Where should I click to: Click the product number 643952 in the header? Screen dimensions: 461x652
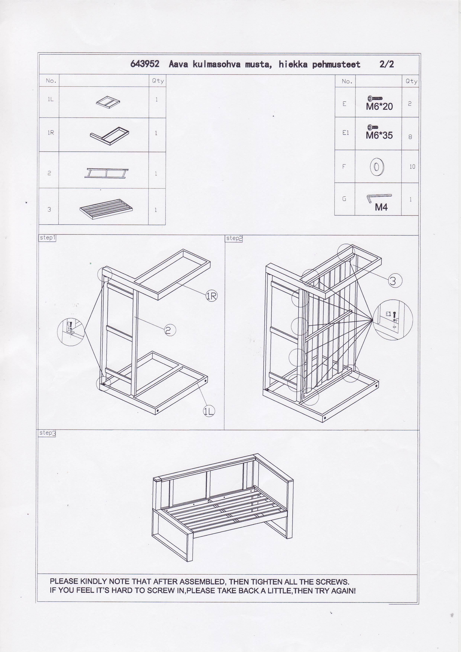coord(145,64)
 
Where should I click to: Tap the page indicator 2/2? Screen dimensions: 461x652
coord(387,64)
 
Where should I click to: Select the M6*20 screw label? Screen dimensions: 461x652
coord(379,107)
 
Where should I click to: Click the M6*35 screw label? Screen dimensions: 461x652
coord(379,135)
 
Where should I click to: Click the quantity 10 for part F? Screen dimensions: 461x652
coord(412,167)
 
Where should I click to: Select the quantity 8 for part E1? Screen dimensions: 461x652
coord(410,137)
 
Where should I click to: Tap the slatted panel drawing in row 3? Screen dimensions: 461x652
coord(106,209)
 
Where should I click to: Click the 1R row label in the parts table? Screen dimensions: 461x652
coord(51,133)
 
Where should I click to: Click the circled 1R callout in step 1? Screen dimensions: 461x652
coord(212,296)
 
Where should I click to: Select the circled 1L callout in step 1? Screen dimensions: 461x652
coord(209,411)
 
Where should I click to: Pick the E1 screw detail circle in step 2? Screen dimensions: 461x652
coord(393,320)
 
